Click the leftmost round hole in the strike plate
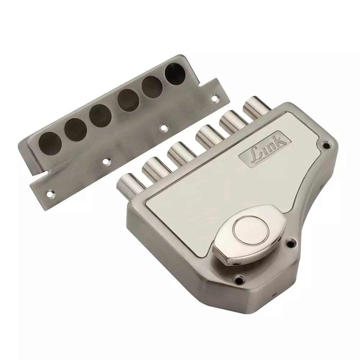click(x=50, y=144)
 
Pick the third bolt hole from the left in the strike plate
click(x=100, y=116)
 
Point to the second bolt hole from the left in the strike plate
click(x=76, y=130)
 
